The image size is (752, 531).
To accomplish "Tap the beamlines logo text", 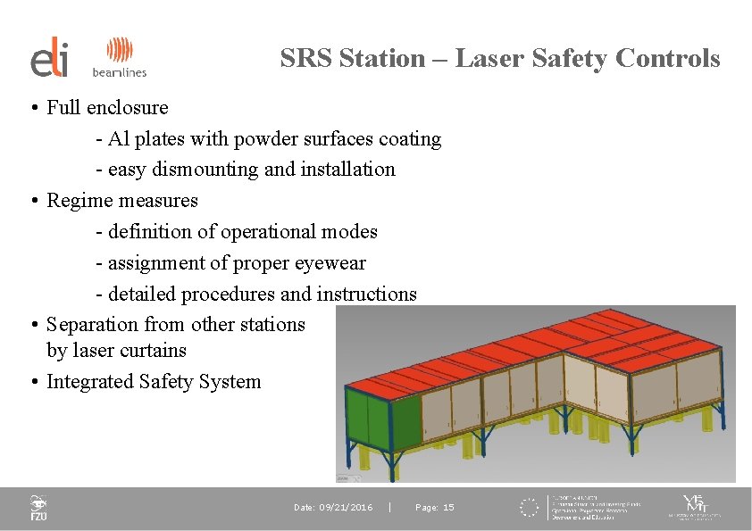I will click(119, 71).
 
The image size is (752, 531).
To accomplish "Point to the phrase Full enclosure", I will click(107, 108).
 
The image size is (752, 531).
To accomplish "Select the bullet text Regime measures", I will click(122, 201).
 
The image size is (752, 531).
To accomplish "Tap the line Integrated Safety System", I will click(154, 382).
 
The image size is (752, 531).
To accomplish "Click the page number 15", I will click(447, 508).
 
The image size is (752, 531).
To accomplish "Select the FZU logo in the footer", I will click(38, 508).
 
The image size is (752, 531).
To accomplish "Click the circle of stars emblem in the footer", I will click(530, 508).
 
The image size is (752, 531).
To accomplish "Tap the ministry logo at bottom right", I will click(695, 507).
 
